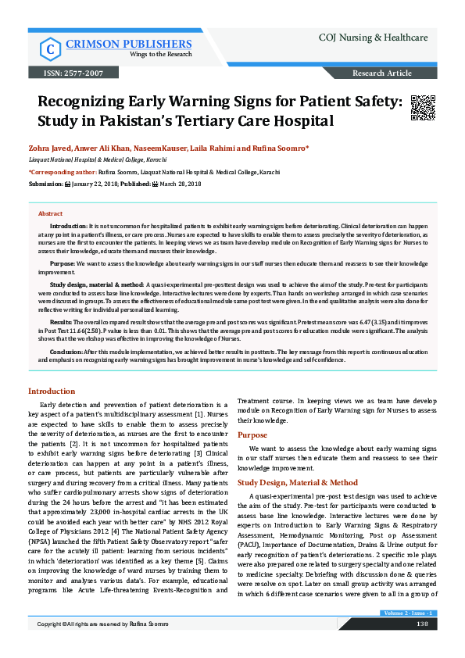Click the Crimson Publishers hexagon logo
(51, 48)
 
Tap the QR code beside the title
(423, 109)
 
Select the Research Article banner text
(382, 73)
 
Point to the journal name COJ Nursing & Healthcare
(373, 37)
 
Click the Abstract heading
(51, 213)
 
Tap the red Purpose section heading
(252, 434)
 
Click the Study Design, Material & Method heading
(298, 483)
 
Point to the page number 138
(421, 645)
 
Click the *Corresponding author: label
(63, 171)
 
